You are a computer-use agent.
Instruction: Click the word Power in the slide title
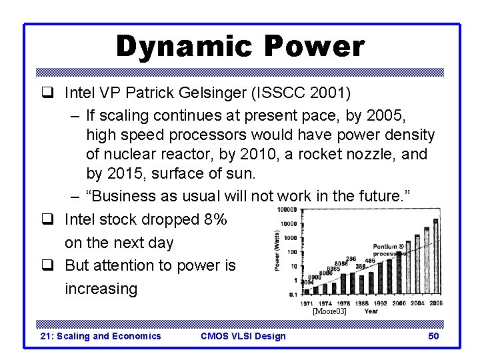pos(314,47)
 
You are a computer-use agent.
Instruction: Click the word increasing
pos(101,289)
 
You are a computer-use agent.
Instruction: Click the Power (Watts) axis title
pos(277,251)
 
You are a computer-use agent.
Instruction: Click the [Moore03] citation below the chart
pos(329,311)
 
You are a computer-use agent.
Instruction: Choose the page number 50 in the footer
pos(433,336)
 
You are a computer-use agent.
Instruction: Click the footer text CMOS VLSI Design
pos(243,336)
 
